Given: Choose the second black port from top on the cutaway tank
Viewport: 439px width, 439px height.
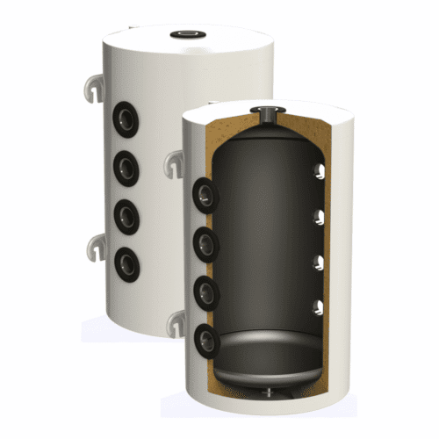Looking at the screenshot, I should coord(205,245).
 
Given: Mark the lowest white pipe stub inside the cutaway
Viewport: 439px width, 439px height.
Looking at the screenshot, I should coord(319,307).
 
